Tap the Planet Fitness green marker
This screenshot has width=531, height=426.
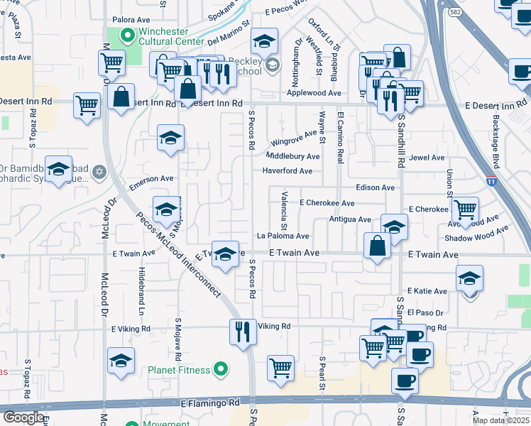pyautogui.click(x=221, y=370)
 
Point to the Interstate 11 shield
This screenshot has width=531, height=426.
pyautogui.click(x=491, y=182)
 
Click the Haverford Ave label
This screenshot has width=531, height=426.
pyautogui.click(x=287, y=171)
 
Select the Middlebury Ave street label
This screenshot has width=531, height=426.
pyautogui.click(x=292, y=156)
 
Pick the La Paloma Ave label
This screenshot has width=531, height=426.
pyautogui.click(x=283, y=236)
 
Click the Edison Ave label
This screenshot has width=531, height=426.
pyautogui.click(x=375, y=187)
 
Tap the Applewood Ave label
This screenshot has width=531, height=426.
pyautogui.click(x=313, y=93)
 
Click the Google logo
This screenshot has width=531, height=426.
pyautogui.click(x=24, y=417)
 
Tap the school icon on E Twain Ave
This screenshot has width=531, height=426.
pyautogui.click(x=225, y=254)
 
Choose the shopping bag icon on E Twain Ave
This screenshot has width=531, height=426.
pyautogui.click(x=378, y=246)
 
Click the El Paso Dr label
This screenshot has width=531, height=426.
pyautogui.click(x=425, y=312)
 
